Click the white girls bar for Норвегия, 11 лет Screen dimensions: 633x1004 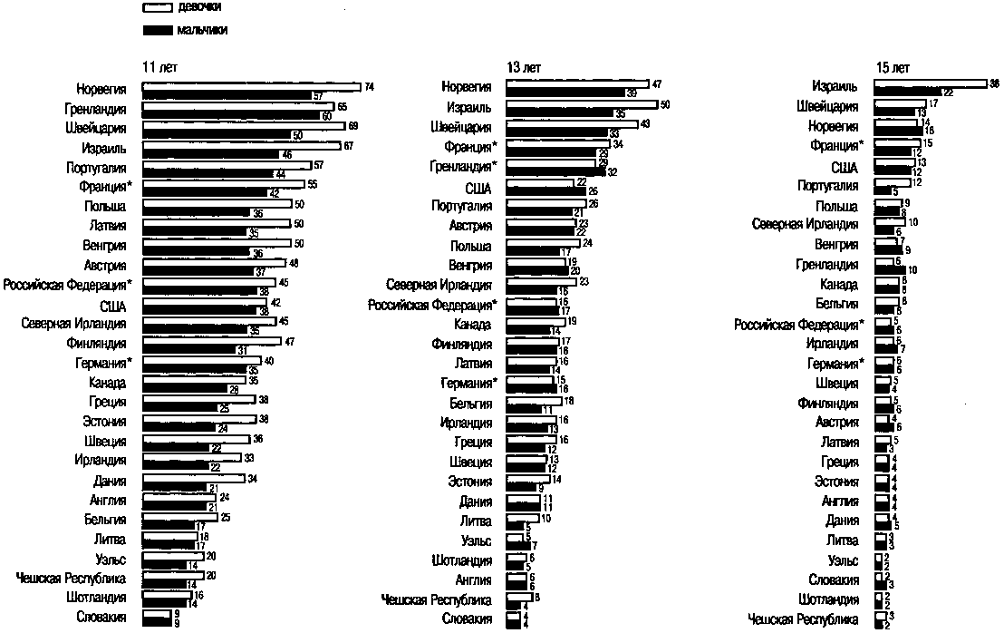pyautogui.click(x=252, y=87)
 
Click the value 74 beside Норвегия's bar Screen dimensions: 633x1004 pyautogui.click(x=369, y=87)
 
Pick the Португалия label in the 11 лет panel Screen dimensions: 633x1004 pyautogui.click(x=96, y=168)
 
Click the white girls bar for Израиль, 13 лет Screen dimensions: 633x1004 pyautogui.click(x=582, y=104)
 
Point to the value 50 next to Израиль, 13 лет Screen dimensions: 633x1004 pyautogui.click(x=664, y=104)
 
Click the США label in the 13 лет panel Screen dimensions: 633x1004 pyautogui.click(x=477, y=188)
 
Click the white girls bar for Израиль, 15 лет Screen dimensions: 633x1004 pyautogui.click(x=930, y=84)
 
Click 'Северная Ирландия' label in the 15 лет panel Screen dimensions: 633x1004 pyautogui.click(x=805, y=224)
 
